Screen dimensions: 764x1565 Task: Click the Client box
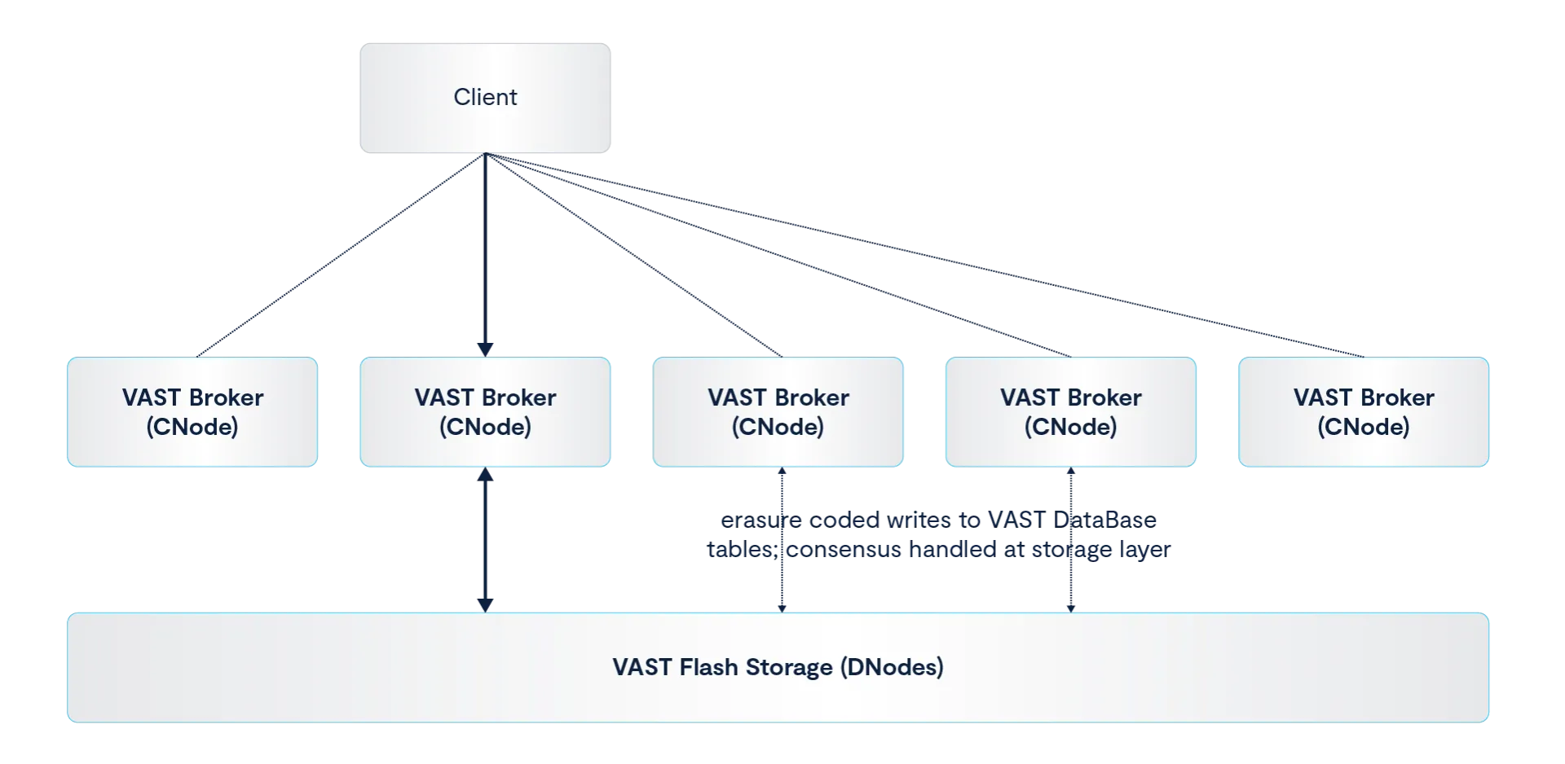pos(485,98)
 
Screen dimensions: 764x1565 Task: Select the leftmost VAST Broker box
pos(192,411)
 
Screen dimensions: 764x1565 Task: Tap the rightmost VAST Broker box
pos(1364,411)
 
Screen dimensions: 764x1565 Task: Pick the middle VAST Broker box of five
pos(778,411)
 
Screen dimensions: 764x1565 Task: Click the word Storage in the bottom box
pos(787,667)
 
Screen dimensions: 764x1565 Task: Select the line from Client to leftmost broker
pos(342,254)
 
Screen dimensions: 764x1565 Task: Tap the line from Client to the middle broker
pos(633,254)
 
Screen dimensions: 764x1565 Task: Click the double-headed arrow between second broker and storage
pos(485,538)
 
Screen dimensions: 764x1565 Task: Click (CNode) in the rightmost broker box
pos(1364,427)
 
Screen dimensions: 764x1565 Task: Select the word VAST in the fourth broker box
pos(1029,397)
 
